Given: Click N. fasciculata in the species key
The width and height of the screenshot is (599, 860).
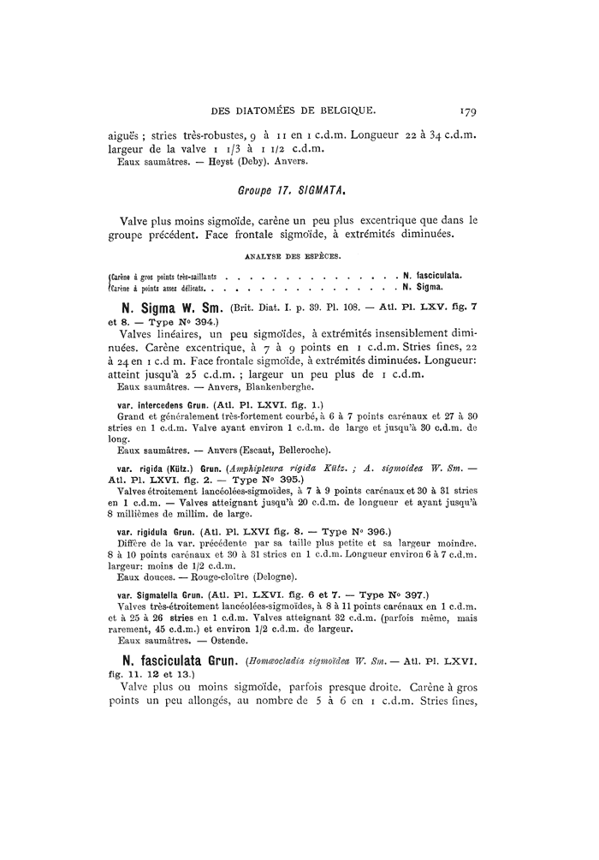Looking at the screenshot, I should coord(434,275).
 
